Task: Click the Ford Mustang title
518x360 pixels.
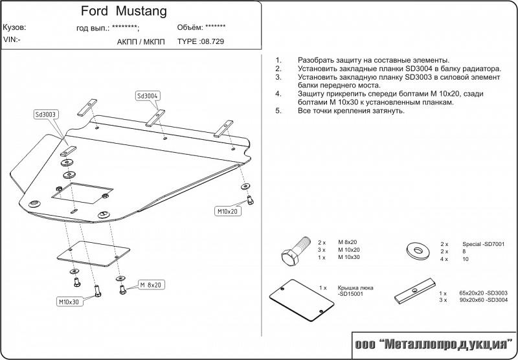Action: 124,12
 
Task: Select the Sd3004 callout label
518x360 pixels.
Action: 148,96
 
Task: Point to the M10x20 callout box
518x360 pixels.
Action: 228,211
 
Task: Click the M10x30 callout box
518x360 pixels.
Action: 69,302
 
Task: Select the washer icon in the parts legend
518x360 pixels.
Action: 415,251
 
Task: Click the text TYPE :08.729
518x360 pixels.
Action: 201,41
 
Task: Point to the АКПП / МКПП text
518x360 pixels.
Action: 141,41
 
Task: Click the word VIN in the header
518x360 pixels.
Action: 11,39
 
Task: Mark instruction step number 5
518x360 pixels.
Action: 278,111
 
